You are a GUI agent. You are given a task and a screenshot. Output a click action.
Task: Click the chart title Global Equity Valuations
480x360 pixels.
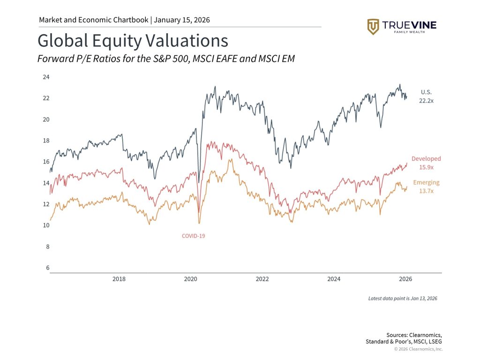click(x=133, y=41)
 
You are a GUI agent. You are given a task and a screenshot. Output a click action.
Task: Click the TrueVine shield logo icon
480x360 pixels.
click(x=373, y=27)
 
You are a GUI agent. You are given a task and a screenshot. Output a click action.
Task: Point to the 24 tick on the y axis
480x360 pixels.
click(x=46, y=77)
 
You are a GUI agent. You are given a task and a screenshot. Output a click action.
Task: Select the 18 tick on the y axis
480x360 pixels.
click(x=46, y=141)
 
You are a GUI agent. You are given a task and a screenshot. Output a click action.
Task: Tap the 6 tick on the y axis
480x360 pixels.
click(x=47, y=268)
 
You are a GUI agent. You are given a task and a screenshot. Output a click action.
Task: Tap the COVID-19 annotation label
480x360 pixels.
click(x=194, y=236)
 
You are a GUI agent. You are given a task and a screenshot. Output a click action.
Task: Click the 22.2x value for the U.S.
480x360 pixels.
click(x=427, y=100)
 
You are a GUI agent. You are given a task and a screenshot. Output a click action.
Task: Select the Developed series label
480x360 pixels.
click(x=426, y=159)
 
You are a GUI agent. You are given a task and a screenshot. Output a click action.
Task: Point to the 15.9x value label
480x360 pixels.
click(x=426, y=167)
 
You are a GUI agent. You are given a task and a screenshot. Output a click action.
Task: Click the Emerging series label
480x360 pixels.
click(x=426, y=183)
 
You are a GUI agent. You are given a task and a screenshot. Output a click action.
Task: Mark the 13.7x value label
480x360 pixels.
click(x=426, y=191)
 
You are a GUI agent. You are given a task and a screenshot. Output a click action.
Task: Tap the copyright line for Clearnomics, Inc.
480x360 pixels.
click(x=418, y=349)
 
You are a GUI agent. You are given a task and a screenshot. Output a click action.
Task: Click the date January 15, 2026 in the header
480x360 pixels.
click(x=182, y=20)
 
